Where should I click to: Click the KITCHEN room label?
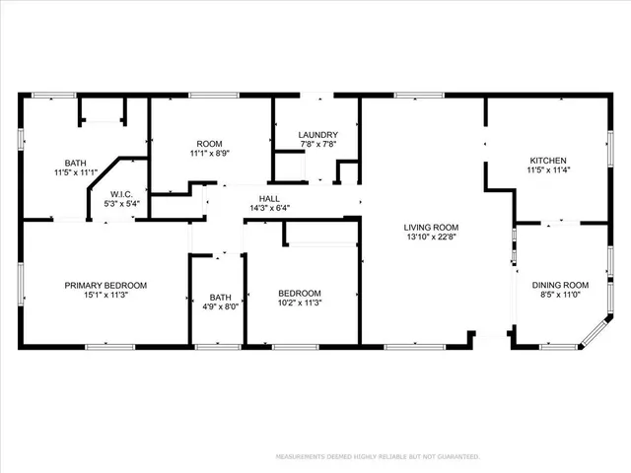pyautogui.click(x=549, y=161)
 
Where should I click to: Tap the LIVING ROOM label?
pyautogui.click(x=432, y=227)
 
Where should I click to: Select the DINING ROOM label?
pyautogui.click(x=560, y=285)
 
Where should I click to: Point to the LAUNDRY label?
pyautogui.click(x=318, y=135)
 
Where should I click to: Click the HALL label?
pyautogui.click(x=269, y=198)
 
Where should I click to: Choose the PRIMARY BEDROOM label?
pyautogui.click(x=105, y=286)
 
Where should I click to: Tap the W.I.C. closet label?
pyautogui.click(x=122, y=194)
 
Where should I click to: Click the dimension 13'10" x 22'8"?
pyautogui.click(x=432, y=236)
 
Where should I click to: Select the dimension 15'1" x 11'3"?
pyautogui.click(x=105, y=296)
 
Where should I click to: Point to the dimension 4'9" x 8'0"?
pyautogui.click(x=218, y=305)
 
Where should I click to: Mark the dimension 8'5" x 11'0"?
pyautogui.click(x=560, y=295)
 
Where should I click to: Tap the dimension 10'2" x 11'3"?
pyautogui.click(x=299, y=304)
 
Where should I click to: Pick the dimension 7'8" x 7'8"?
pyautogui.click(x=318, y=145)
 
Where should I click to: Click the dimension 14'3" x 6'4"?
pyautogui.click(x=269, y=208)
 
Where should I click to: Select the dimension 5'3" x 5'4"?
pyautogui.click(x=122, y=204)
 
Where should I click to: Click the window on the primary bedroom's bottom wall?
pyautogui.click(x=107, y=346)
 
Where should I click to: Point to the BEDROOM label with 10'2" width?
pyautogui.click(x=299, y=293)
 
